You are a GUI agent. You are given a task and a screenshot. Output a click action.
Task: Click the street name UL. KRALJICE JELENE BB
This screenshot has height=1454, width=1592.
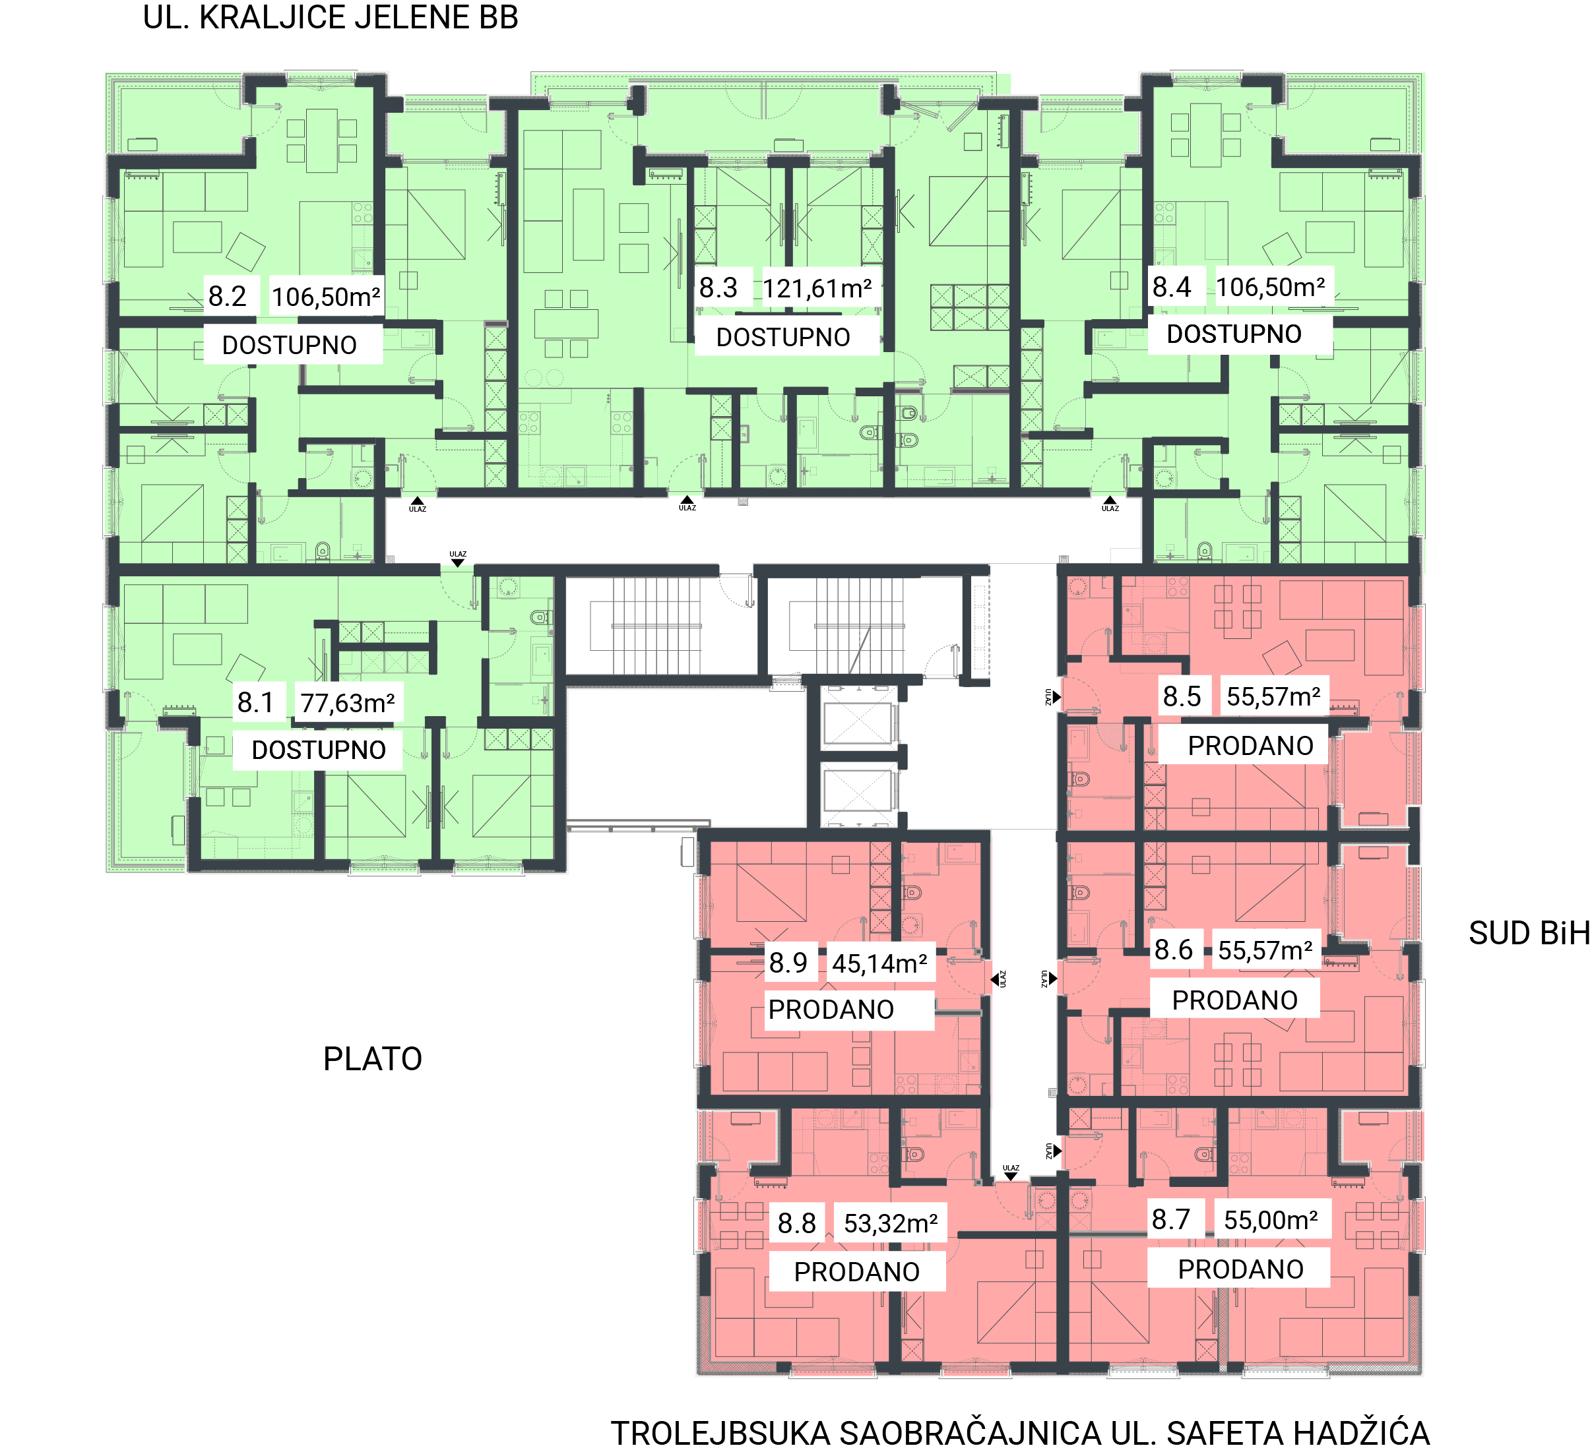click(x=330, y=17)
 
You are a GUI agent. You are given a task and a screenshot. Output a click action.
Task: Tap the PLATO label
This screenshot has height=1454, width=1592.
click(x=373, y=1059)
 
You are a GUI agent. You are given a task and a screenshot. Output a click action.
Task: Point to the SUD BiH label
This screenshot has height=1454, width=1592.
click(x=1529, y=934)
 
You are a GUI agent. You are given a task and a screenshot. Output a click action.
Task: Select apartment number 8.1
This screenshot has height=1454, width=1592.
click(x=255, y=702)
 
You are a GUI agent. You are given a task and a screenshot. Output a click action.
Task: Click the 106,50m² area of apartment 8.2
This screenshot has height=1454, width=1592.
click(x=326, y=297)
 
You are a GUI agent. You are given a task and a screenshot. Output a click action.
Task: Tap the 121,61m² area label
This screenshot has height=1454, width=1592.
click(x=817, y=289)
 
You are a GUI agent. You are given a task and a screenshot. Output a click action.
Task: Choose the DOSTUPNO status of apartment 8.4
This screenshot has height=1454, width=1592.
click(x=1234, y=334)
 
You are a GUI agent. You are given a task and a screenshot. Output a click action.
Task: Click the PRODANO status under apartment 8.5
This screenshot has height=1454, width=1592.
click(x=1251, y=746)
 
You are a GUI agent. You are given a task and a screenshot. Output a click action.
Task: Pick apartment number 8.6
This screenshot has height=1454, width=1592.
click(x=1174, y=950)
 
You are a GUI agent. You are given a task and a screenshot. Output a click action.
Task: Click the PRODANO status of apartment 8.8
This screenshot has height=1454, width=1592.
click(x=857, y=1273)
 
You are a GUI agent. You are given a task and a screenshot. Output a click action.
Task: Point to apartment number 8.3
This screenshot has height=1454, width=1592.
click(x=718, y=288)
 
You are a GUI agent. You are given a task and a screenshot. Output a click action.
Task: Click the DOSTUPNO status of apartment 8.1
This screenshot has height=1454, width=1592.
click(x=319, y=750)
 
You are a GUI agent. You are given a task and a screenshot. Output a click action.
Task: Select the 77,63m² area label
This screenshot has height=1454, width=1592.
click(x=348, y=702)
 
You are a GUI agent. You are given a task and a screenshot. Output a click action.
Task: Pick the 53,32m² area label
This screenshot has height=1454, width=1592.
click(x=891, y=1223)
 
